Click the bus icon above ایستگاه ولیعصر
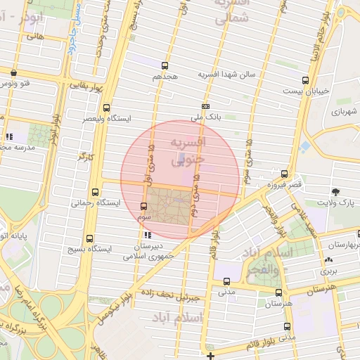(105, 108)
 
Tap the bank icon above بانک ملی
(205, 106)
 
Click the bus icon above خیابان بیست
(304, 80)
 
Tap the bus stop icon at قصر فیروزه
(284, 174)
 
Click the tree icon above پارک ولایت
(335, 192)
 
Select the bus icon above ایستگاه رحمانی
(95, 191)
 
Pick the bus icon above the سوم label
(144, 206)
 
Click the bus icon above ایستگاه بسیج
(89, 238)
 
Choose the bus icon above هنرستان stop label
(278, 292)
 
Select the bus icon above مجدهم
(167, 63)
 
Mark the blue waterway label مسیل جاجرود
(79, 30)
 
